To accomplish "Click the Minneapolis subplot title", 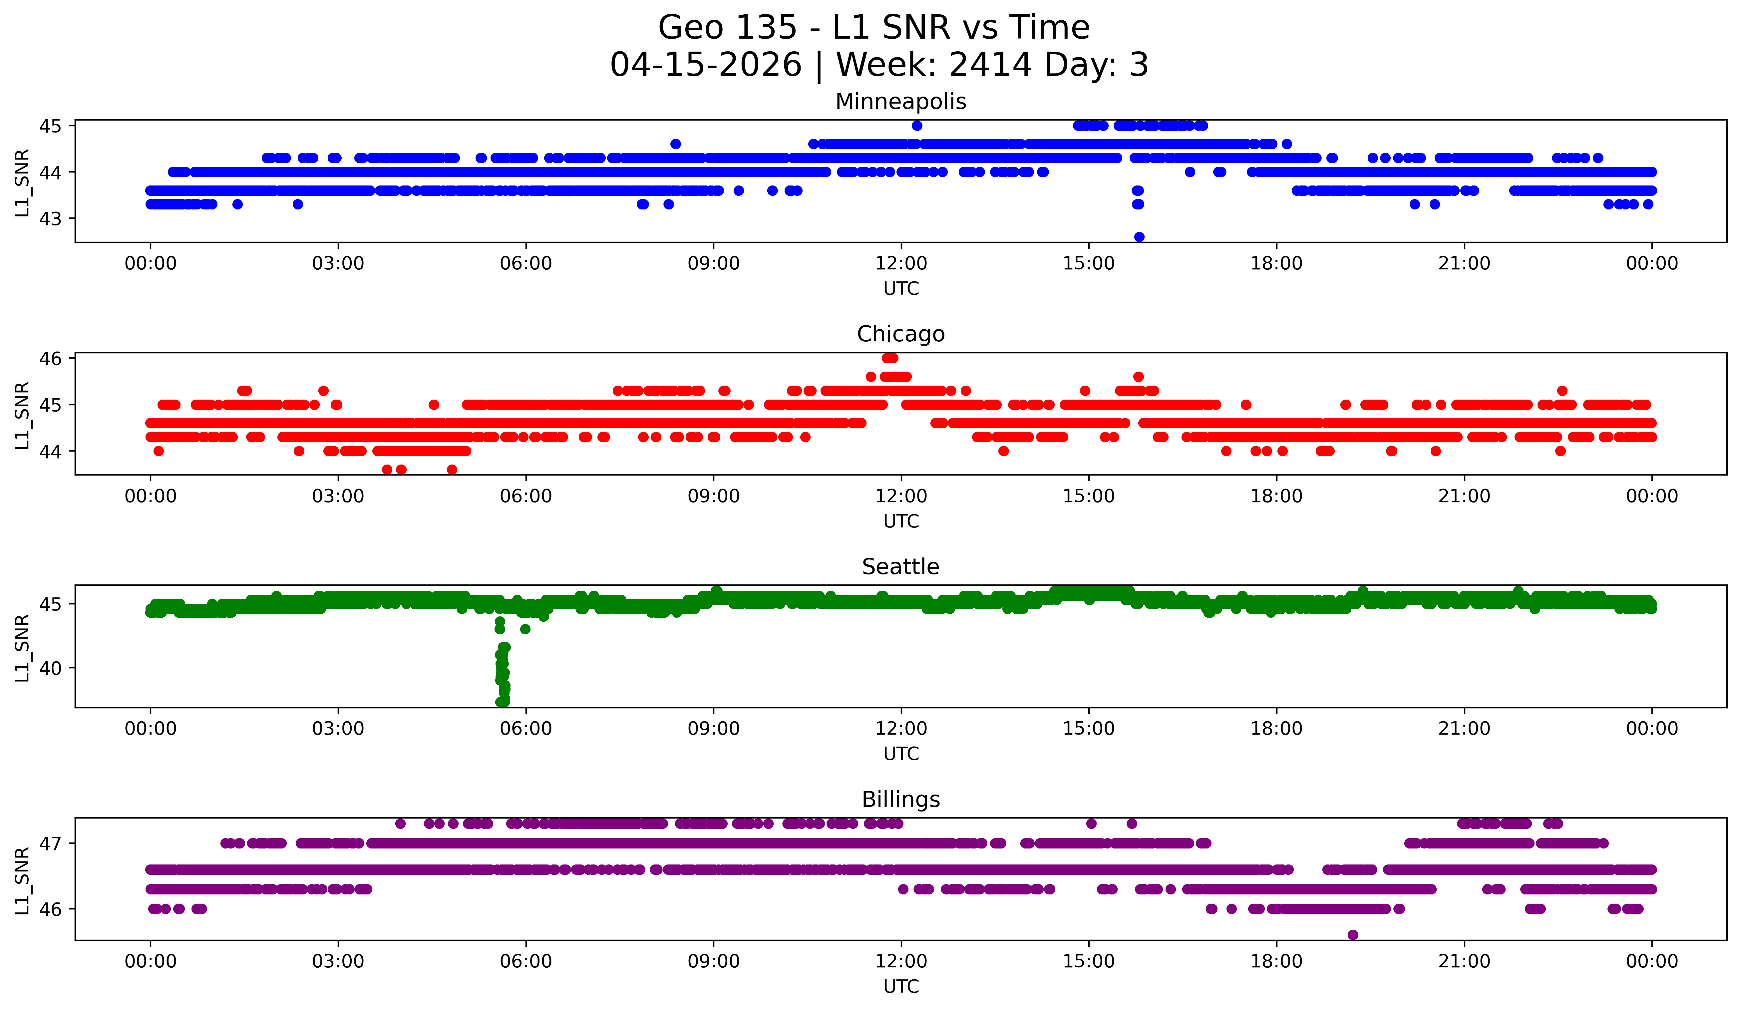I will (x=900, y=102).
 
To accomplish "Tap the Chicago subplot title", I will (x=900, y=334).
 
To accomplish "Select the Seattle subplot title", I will (x=900, y=567).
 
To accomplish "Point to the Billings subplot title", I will (x=900, y=800).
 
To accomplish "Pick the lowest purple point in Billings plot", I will (x=1353, y=935).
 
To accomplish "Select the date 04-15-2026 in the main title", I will (x=706, y=65).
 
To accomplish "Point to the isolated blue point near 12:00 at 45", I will (x=917, y=126).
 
